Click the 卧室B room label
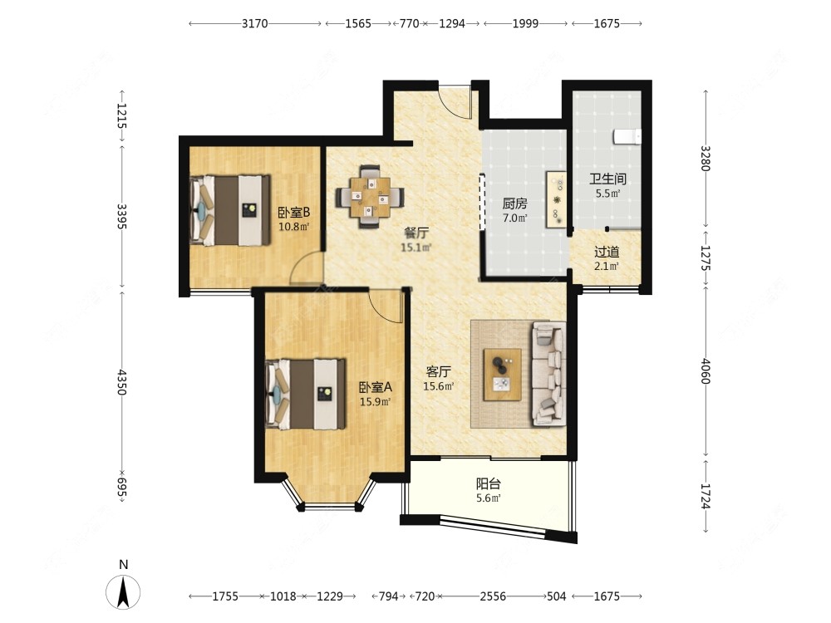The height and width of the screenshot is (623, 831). click(x=294, y=213)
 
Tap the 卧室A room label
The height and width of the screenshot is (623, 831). click(x=376, y=387)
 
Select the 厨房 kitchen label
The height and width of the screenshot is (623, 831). click(x=514, y=204)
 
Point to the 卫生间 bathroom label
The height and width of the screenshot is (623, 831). click(x=608, y=179)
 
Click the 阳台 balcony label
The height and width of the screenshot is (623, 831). click(x=488, y=483)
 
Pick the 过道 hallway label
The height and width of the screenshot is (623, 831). click(x=607, y=253)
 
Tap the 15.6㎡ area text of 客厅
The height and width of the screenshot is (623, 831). click(x=438, y=386)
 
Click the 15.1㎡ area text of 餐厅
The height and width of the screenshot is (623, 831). click(x=416, y=247)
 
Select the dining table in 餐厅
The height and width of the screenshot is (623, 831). click(x=370, y=197)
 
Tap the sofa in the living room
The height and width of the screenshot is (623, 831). click(x=548, y=374)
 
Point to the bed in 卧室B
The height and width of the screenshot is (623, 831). click(x=230, y=210)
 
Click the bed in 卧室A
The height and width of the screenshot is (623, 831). click(x=305, y=394)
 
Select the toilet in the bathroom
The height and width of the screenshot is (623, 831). click(x=627, y=137)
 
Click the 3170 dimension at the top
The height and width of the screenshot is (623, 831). click(x=255, y=23)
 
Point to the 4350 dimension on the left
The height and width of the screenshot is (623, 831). click(x=122, y=382)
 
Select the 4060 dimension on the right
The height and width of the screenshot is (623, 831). click(x=706, y=370)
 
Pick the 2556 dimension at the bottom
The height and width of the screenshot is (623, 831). click(x=493, y=596)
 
